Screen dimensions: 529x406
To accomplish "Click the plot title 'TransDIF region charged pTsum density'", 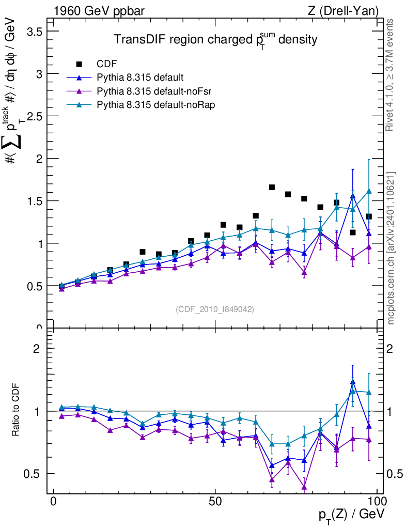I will (215, 40).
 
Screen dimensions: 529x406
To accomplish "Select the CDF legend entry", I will (106, 64).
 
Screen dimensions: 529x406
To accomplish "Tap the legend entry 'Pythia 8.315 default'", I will (140, 77).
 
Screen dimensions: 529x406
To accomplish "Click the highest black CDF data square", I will (272, 187).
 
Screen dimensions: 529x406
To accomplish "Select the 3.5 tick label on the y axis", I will (33, 31).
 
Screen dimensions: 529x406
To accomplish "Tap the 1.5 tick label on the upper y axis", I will (33, 200).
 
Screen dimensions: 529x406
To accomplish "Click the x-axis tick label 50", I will (215, 502).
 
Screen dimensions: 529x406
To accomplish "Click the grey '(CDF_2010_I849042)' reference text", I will (215, 309).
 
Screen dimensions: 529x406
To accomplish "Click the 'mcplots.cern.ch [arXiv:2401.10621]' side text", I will (391, 248).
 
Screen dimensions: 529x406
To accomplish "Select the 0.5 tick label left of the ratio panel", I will (33, 474).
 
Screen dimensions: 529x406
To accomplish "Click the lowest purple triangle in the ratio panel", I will (304, 487).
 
